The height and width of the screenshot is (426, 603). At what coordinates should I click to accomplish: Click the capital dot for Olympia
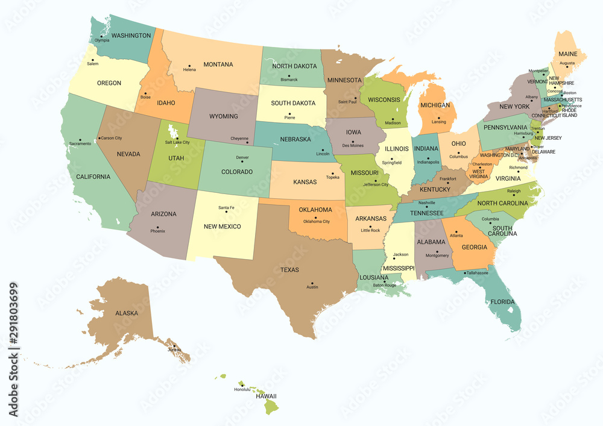101,36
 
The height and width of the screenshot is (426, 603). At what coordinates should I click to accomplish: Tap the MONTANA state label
218,64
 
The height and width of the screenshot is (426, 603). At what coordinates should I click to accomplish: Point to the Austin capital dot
312,282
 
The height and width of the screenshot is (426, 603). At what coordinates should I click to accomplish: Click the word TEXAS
289,270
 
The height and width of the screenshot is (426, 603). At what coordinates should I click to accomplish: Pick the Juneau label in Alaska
175,350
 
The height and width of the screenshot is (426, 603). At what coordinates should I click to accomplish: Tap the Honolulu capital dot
242,384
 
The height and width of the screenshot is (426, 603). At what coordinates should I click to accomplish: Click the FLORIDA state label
502,301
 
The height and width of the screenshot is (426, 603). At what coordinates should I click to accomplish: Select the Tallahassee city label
477,273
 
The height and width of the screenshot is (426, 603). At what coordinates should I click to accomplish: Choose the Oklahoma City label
317,221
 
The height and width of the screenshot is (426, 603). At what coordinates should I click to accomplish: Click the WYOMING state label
223,116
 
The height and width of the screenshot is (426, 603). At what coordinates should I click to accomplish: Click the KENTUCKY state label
431,189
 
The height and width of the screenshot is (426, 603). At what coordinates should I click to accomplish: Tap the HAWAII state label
265,396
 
